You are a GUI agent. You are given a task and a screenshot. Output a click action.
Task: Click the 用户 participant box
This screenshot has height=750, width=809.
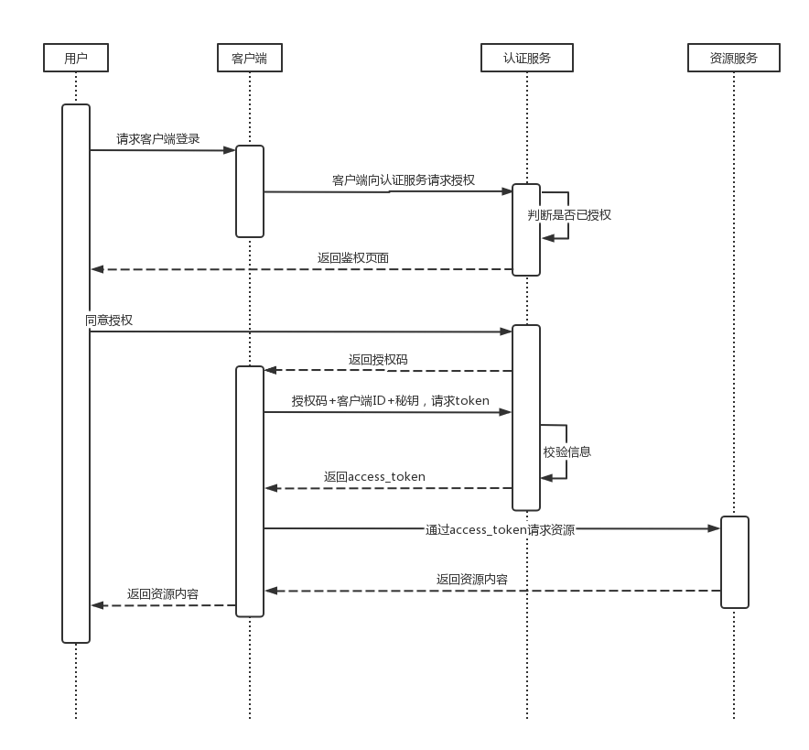pos(76,59)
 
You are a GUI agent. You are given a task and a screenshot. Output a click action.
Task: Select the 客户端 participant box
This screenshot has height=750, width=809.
pos(249,59)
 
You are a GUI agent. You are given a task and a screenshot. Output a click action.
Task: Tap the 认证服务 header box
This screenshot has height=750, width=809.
pos(527,59)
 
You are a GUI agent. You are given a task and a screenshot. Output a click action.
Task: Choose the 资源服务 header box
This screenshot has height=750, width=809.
pos(733,59)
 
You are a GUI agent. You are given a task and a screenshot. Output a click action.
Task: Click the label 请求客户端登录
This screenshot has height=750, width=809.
pos(158,139)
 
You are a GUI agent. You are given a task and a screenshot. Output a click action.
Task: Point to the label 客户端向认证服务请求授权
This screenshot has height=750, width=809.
pos(403,180)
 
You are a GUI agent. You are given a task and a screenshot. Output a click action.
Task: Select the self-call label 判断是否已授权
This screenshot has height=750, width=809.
pos(570,215)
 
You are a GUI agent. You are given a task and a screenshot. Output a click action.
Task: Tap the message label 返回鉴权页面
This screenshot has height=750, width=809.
pos(353,257)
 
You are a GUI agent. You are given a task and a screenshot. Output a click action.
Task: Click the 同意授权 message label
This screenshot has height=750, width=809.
pos(110,320)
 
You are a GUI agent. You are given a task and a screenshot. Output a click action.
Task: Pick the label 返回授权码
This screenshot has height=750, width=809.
pos(378,360)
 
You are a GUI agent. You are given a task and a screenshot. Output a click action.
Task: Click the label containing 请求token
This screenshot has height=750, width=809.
pos(390,400)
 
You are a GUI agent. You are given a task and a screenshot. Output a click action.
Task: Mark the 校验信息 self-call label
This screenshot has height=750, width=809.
pos(567,451)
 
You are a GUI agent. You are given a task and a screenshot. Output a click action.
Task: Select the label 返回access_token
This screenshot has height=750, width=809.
pos(374,476)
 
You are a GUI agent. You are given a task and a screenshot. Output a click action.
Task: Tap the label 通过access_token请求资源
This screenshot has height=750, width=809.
pos(500,529)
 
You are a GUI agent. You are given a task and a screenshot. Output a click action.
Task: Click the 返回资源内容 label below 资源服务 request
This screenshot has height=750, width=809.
pos(472,579)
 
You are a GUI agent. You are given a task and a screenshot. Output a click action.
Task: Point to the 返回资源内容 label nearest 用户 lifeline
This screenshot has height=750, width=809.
pos(163,593)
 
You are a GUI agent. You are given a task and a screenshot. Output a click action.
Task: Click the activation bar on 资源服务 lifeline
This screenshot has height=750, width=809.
pos(734,561)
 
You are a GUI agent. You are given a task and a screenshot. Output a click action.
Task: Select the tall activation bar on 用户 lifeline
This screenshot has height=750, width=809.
pos(76,373)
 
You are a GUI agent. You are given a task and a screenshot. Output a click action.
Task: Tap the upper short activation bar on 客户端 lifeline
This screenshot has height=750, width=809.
pos(250,190)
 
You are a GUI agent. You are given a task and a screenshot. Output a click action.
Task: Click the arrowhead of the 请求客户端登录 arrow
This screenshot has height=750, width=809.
pos(232,150)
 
